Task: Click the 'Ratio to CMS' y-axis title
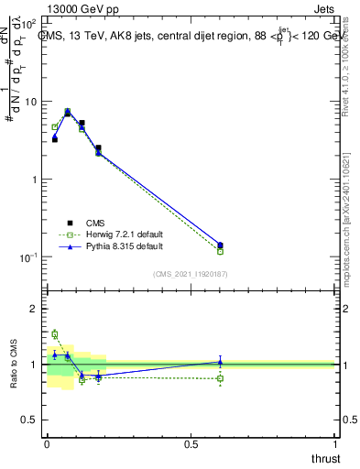[13, 365]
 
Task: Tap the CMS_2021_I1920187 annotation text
[190, 274]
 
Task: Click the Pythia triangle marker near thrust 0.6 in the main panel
[220, 245]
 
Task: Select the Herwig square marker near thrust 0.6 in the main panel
[220, 251]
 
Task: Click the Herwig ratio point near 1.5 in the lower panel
[55, 334]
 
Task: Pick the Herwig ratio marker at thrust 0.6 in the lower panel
[220, 377]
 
